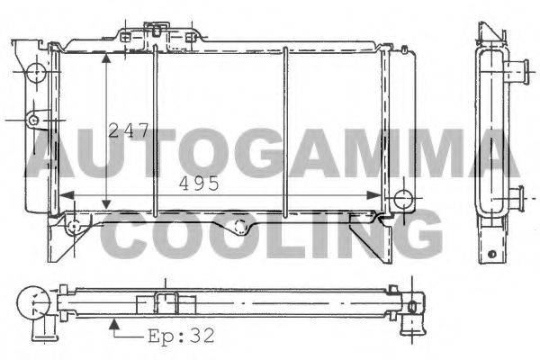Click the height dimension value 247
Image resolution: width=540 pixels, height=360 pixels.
coord(129,130)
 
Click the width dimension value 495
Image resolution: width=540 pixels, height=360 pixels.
coord(199,184)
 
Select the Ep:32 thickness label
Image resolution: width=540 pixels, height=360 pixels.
coord(181,336)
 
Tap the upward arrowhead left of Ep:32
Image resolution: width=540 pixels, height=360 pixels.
coord(114,324)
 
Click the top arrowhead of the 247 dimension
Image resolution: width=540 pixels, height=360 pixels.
coord(106,58)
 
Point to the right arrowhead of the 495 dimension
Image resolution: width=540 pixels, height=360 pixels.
coord(373,195)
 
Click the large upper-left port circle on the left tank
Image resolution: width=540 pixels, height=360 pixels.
coord(36,72)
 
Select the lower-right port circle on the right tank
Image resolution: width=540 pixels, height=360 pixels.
coord(403,199)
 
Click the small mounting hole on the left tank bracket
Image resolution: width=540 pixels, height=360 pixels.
coord(33,121)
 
